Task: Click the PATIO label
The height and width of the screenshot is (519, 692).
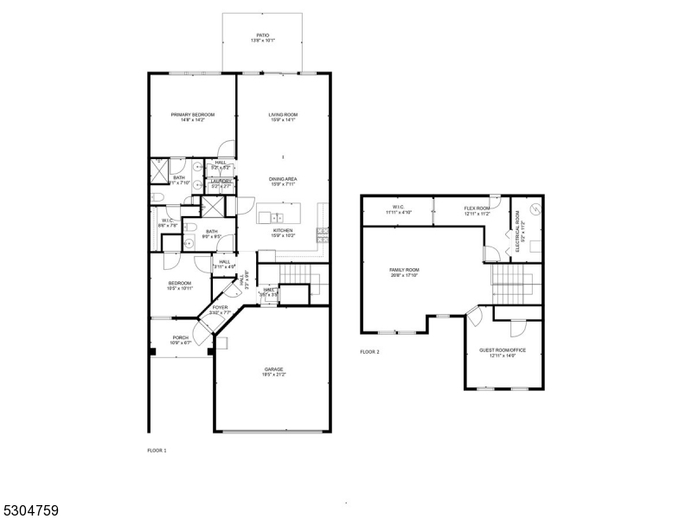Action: (262, 35)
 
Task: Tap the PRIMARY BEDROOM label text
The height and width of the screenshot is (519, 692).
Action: (192, 114)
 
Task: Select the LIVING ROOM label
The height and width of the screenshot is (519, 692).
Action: (283, 114)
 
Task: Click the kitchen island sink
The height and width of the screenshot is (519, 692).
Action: (276, 215)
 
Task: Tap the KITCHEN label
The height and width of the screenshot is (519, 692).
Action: (283, 230)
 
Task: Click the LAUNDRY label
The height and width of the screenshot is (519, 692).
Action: (221, 181)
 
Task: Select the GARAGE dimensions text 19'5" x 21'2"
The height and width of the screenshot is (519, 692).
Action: (273, 375)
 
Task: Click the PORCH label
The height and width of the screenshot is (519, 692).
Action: (180, 337)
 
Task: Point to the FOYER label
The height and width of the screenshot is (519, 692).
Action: (221, 306)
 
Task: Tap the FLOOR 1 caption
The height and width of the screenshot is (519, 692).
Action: (157, 451)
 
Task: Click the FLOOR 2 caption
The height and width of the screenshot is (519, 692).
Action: (369, 351)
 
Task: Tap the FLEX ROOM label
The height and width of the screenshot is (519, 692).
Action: (477, 208)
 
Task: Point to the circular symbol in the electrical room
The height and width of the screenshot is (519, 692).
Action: (535, 208)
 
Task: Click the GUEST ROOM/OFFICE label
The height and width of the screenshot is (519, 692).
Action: (503, 349)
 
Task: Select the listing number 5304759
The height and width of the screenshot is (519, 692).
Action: (30, 510)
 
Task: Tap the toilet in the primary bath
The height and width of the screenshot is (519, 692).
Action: (156, 198)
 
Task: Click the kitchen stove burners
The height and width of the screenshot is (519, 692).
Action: (324, 232)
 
